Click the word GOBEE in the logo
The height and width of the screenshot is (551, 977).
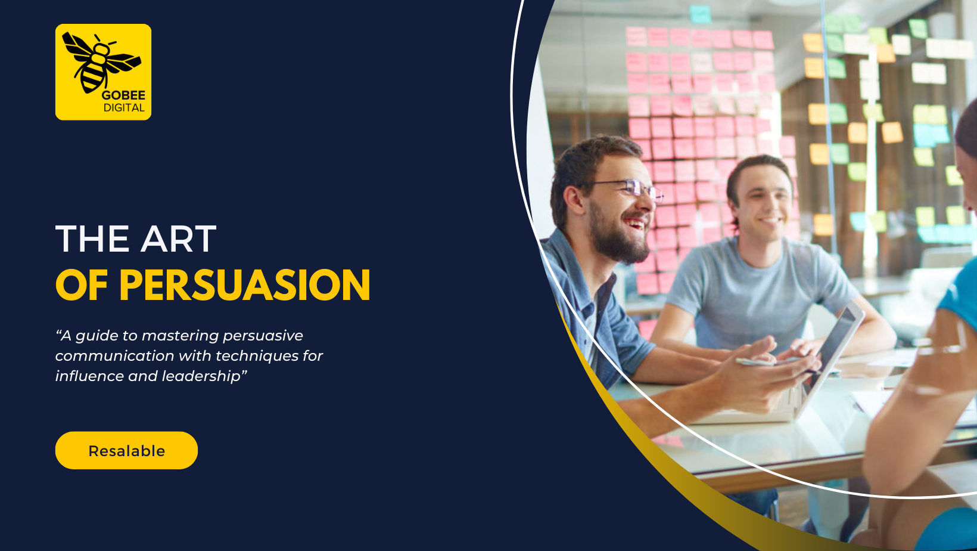tap(123, 95)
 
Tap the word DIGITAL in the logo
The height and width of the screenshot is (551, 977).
tap(124, 108)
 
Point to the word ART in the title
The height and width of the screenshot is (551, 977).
tap(179, 239)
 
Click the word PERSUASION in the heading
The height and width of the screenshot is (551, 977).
tap(245, 285)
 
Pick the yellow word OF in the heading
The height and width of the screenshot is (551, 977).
tap(82, 285)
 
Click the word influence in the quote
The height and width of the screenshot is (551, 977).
tap(89, 376)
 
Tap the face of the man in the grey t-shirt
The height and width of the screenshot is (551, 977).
tap(766, 203)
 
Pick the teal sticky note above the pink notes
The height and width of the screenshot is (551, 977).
tap(700, 14)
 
